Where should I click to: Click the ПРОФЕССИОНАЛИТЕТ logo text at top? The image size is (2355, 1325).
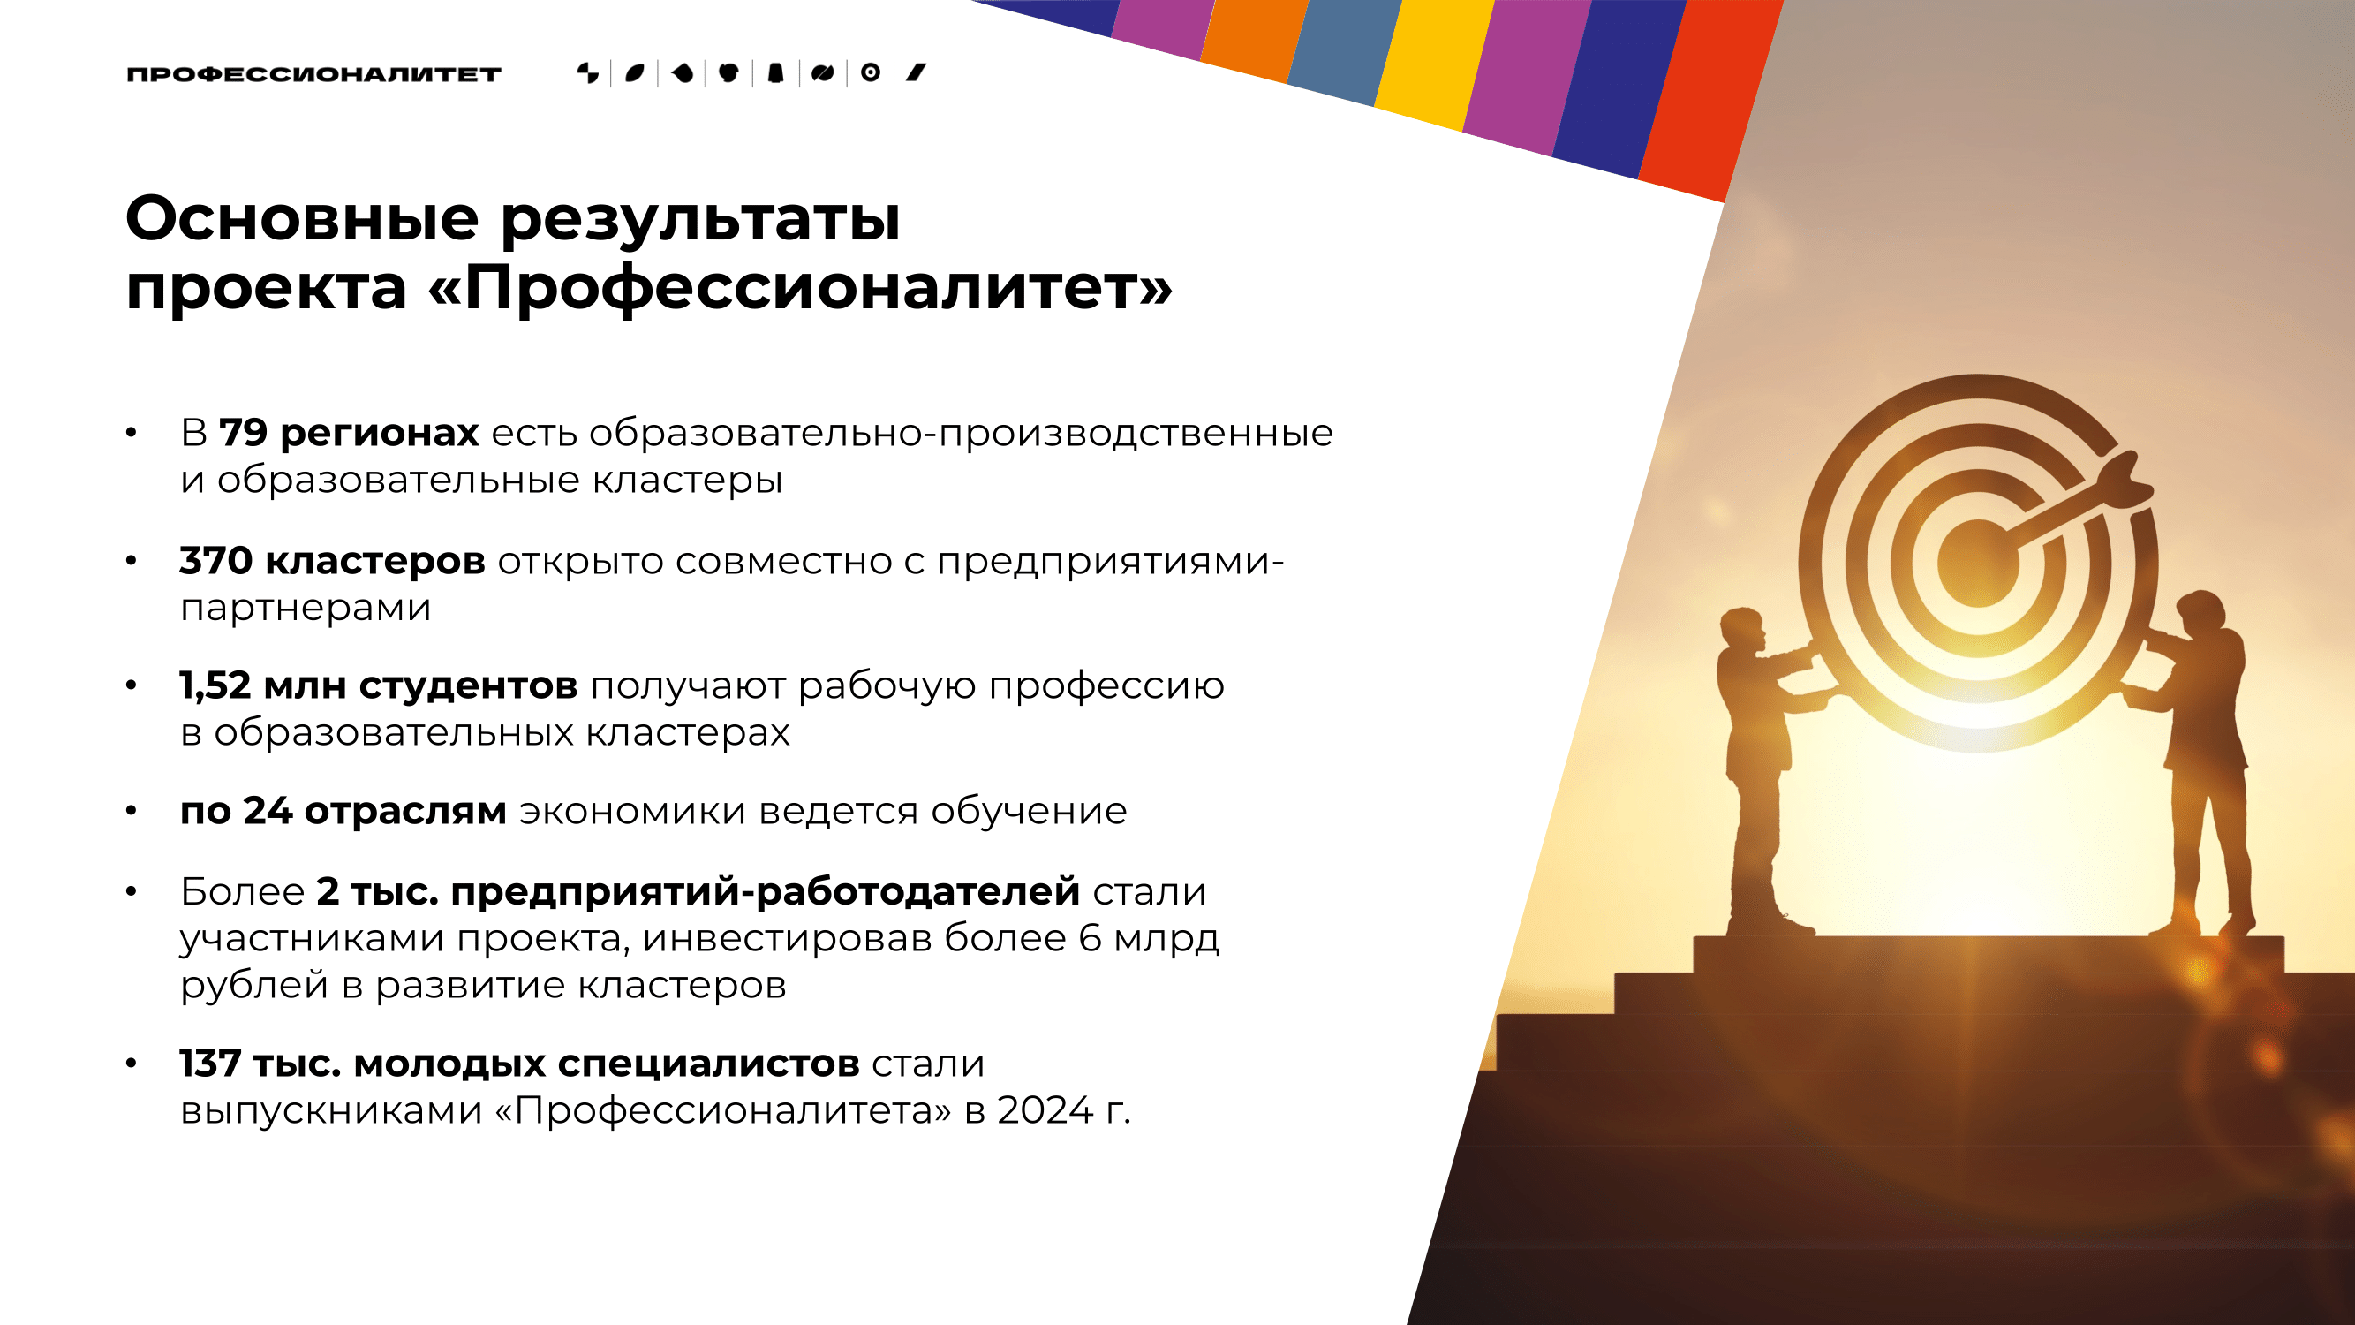(x=313, y=74)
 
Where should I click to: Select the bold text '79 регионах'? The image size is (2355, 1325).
(x=348, y=434)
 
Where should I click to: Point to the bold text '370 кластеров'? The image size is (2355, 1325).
(x=333, y=561)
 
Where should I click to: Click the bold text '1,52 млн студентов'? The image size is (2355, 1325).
(x=379, y=685)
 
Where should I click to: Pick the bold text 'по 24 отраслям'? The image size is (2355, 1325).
(x=343, y=812)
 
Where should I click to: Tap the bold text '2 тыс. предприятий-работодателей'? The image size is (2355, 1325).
(x=698, y=891)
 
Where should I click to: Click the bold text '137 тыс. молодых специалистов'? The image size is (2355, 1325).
(x=519, y=1064)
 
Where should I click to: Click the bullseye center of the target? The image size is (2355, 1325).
(x=1977, y=563)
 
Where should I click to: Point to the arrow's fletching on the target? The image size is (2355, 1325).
(x=2125, y=480)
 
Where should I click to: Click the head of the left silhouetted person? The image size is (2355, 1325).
(x=1741, y=628)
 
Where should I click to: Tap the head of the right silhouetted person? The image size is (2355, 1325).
(x=2202, y=613)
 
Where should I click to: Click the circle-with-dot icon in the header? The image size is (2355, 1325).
(x=871, y=72)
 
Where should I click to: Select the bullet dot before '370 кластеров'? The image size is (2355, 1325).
(x=132, y=561)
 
